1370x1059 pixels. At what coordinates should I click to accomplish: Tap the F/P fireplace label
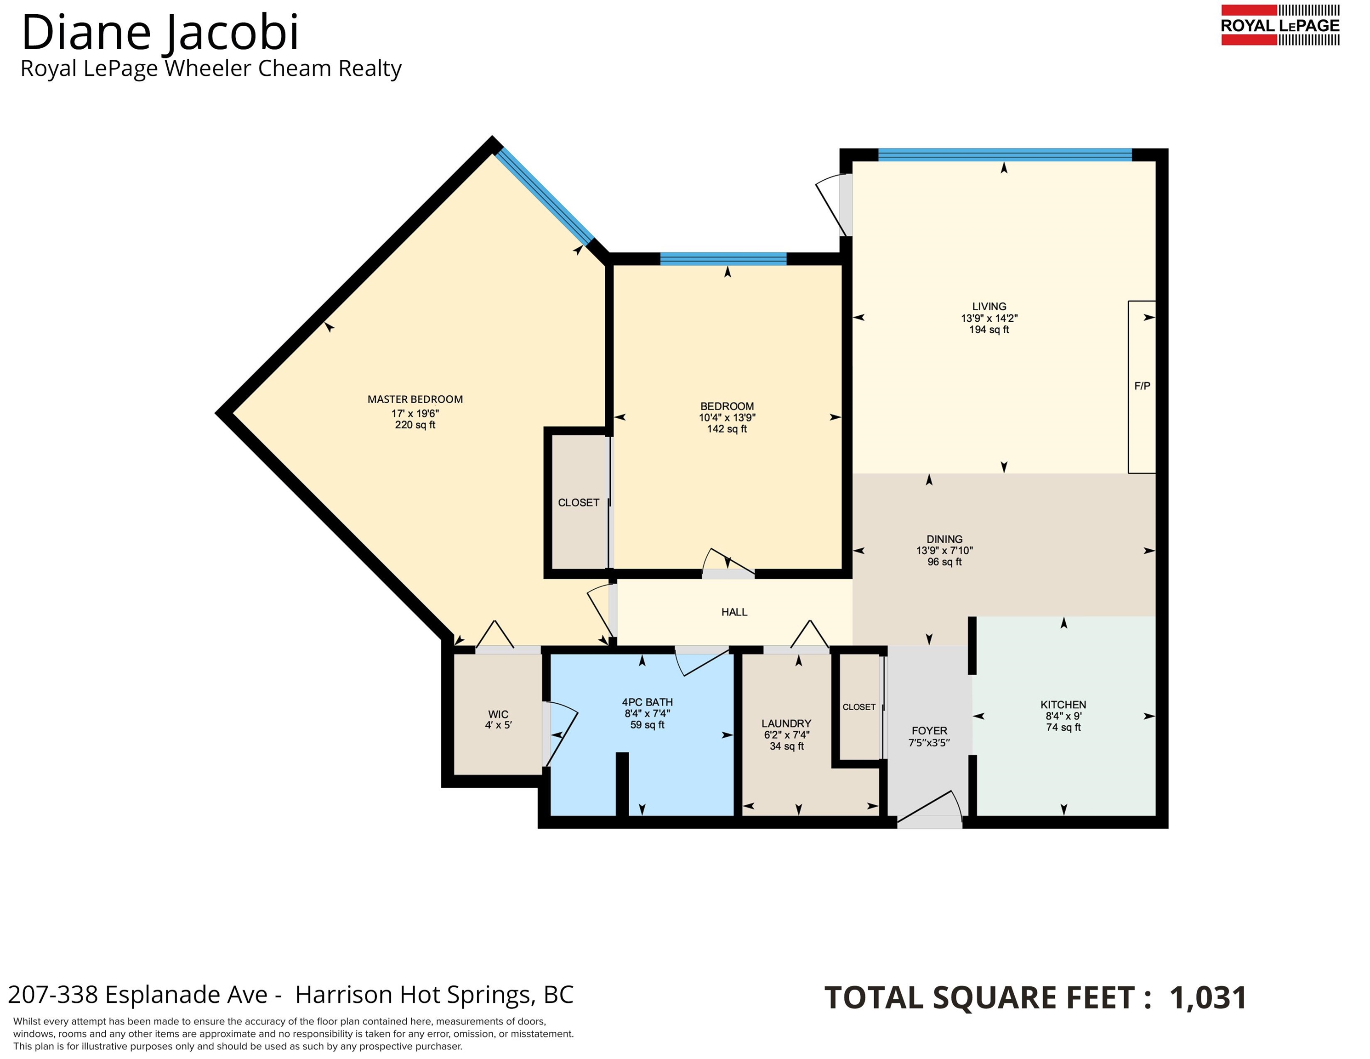pos(1143,386)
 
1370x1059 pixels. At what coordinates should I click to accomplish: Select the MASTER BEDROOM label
pos(415,399)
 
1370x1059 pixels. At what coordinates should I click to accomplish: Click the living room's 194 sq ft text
pos(989,330)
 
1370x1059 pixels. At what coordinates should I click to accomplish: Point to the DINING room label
pos(944,539)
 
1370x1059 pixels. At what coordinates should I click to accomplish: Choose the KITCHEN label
pos(1063,705)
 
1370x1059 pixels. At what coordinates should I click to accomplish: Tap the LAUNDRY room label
pos(786,723)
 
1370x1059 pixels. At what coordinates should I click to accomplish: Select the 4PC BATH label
pos(648,702)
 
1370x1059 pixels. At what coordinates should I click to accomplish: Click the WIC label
pos(498,714)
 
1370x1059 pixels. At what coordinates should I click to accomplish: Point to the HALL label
pos(734,612)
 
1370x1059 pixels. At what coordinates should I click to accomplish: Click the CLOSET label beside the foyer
pos(859,707)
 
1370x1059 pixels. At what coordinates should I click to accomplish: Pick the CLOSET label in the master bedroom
pos(578,502)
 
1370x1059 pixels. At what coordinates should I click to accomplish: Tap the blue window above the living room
pos(1005,155)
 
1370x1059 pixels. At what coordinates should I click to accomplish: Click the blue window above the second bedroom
pos(723,258)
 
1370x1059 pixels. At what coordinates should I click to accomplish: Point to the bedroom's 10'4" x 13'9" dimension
pos(727,417)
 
